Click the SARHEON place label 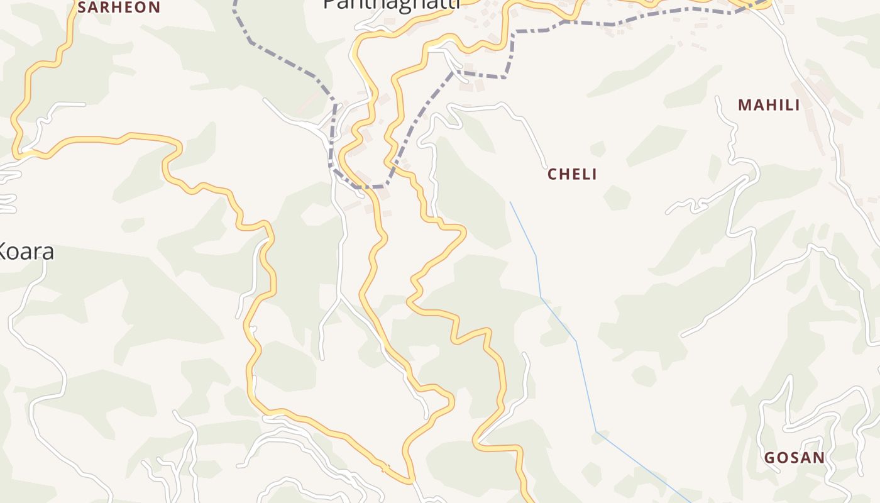[x=119, y=8]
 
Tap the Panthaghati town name [x=391, y=4]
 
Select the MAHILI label [x=769, y=105]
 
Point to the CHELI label [x=572, y=174]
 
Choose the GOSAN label [x=794, y=458]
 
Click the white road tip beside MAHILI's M [x=718, y=98]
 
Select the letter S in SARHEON [x=82, y=8]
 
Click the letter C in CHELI [x=553, y=174]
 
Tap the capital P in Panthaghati [x=329, y=3]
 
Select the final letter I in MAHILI [x=797, y=105]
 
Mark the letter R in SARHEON [x=107, y=8]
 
